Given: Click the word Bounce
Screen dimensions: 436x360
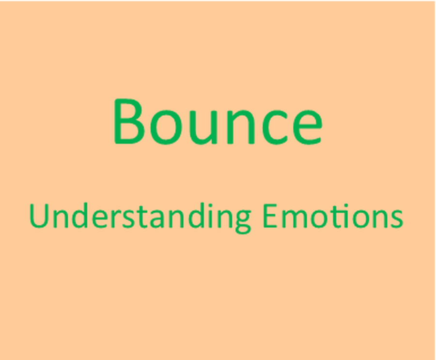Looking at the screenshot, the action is point(218,122).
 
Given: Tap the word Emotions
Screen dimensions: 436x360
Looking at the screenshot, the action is point(333,216).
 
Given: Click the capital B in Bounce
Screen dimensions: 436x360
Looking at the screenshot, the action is point(129,122).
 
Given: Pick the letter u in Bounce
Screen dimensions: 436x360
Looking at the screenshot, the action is point(204,128).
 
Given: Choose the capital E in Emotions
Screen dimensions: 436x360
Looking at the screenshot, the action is point(270,216).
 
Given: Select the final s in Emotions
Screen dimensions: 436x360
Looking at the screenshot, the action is point(396,219).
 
